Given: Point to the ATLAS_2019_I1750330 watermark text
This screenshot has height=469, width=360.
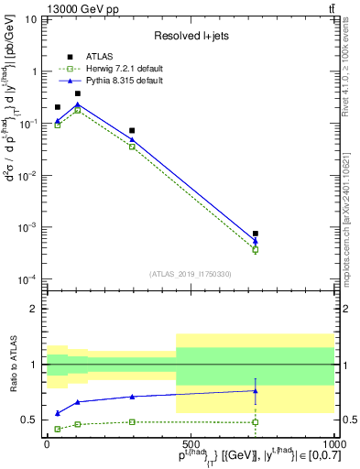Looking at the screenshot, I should (x=191, y=274).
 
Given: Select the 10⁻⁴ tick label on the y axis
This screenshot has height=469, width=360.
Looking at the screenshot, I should (x=27, y=278).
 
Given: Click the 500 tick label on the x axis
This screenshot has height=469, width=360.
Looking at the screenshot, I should (x=190, y=443).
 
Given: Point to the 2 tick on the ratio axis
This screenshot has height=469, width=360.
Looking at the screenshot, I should (x=35, y=309).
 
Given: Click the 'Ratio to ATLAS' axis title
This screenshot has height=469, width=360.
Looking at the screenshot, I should (x=12, y=365).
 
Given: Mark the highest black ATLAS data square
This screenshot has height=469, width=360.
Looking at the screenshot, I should (x=78, y=93).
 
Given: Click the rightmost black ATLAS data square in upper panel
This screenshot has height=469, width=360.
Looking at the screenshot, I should (x=256, y=234).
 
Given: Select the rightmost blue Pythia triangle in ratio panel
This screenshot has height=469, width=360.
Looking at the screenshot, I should (x=256, y=390).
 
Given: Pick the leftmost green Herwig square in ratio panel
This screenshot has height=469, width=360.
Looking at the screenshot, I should (x=58, y=429).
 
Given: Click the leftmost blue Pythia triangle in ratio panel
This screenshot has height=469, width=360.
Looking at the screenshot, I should (x=58, y=413).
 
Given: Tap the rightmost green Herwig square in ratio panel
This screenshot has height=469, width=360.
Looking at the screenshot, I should (x=256, y=422).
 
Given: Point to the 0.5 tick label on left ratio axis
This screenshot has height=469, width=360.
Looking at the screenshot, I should (x=31, y=420).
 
